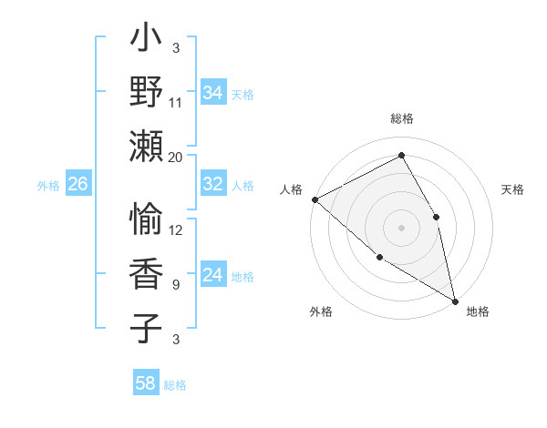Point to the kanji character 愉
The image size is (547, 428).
pos(146,219)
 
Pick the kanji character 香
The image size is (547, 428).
pos(146,272)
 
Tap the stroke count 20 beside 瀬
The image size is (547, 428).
pos(176,157)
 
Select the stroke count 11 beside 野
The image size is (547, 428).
pos(176,103)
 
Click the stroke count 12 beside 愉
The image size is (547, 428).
pos(176,229)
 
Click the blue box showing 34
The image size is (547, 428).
pos(213,93)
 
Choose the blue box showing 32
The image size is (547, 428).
pos(213,184)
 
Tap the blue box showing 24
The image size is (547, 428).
pos(213,275)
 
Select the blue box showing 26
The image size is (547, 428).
pos(77,184)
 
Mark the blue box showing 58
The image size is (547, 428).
pos(146,383)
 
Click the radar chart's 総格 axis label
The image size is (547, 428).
pos(402,118)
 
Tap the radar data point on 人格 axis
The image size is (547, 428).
pos(315,199)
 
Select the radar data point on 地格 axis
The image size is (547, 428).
pos(454,300)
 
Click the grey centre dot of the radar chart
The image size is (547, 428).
pos(402,227)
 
